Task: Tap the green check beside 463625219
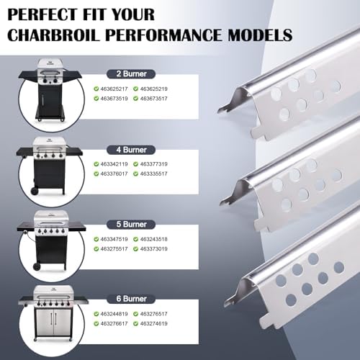click(135, 89)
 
